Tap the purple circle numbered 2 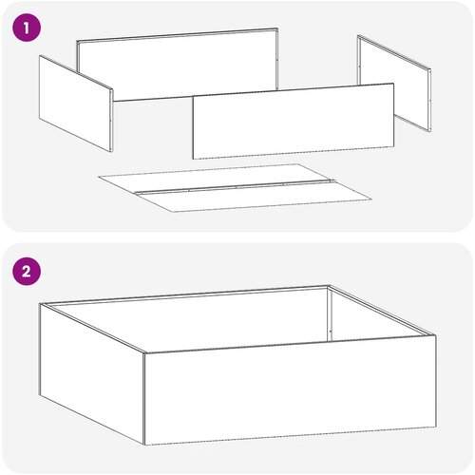[x=27, y=272]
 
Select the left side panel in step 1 [x=76, y=104]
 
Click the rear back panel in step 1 [x=178, y=65]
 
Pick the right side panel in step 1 [x=394, y=83]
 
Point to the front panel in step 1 [x=294, y=122]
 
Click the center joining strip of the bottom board [x=235, y=187]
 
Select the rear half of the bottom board [x=216, y=178]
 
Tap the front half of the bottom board [x=254, y=198]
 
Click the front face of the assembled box [x=290, y=390]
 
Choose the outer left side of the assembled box [x=92, y=373]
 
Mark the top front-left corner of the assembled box [x=144, y=352]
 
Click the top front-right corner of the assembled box [x=436, y=335]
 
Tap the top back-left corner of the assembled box [x=40, y=304]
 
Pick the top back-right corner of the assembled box [x=329, y=285]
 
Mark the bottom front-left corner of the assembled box [x=144, y=445]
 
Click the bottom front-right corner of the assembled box [x=436, y=427]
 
